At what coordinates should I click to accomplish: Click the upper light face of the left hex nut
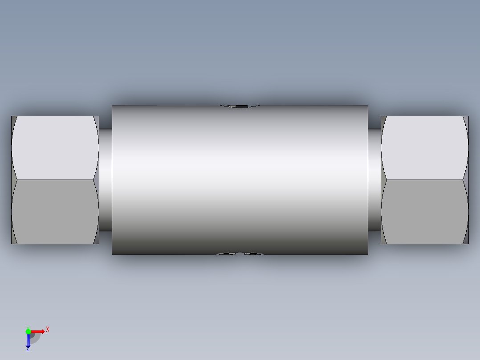[55, 148]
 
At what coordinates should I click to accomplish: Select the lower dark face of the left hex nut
[55, 212]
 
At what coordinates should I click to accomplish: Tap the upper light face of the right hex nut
[425, 148]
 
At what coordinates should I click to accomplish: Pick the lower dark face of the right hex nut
[425, 212]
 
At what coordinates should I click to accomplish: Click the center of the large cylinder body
[240, 180]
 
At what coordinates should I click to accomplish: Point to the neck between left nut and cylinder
[106, 180]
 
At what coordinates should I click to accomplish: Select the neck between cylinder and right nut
[374, 180]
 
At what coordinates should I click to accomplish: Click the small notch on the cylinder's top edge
[240, 106]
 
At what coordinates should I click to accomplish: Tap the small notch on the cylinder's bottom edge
[240, 254]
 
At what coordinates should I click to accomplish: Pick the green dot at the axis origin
[28, 331]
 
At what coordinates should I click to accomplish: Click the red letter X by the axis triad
[48, 330]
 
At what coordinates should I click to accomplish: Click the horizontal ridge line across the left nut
[55, 180]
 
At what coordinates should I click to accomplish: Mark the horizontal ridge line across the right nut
[425, 180]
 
